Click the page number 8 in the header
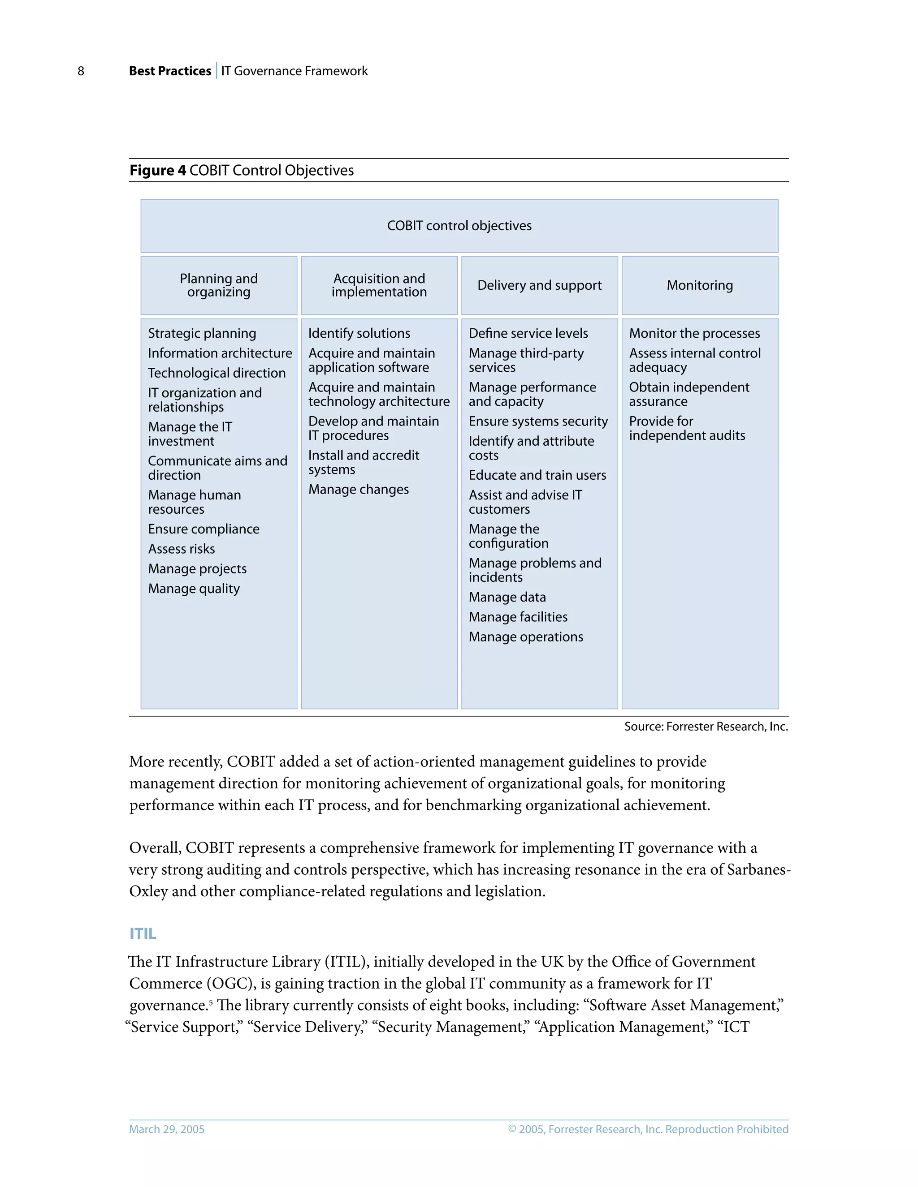(81, 71)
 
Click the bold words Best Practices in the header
(170, 71)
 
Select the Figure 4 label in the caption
(157, 171)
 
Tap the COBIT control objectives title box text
(459, 226)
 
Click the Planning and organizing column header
(219, 285)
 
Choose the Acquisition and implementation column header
(379, 285)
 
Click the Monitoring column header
(699, 285)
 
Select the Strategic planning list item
(202, 333)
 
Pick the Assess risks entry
(181, 549)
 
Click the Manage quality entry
(194, 589)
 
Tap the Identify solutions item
(359, 333)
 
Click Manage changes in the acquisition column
(359, 489)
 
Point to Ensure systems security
(538, 421)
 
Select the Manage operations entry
(525, 637)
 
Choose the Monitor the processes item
(694, 333)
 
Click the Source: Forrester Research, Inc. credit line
(706, 727)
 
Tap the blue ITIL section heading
(143, 934)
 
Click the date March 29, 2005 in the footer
(166, 1129)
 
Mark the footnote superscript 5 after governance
(211, 1001)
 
